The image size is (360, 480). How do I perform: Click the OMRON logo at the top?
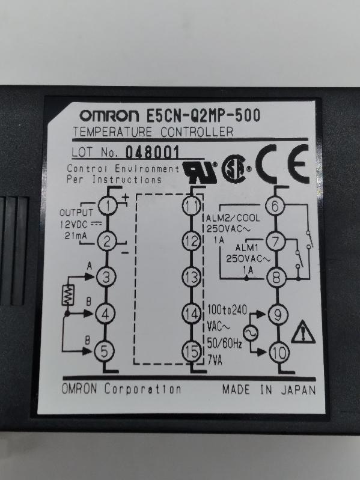coord(109,115)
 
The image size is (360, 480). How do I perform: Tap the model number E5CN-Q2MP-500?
coord(204,115)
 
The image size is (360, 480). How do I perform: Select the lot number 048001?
coord(153,152)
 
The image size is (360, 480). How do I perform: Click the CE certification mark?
coord(282,164)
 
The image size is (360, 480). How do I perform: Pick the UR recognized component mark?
coord(200,172)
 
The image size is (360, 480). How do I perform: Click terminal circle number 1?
coord(108,205)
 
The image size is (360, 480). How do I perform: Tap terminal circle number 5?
coord(104,351)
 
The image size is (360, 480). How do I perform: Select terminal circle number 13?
coord(192,277)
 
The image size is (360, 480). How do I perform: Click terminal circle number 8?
coord(276,278)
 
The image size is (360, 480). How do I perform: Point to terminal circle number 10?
coord(279,353)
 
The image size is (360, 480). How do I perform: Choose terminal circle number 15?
coord(192,351)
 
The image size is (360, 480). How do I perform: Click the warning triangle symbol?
coord(303,332)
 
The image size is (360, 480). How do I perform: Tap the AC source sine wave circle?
coord(251,333)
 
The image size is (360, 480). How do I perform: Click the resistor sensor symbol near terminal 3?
coord(68,295)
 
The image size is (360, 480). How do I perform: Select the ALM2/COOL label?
coord(233,218)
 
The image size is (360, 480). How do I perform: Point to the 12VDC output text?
coord(74,225)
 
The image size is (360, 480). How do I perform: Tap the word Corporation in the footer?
coord(142,389)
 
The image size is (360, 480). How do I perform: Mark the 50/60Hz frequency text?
coord(225,344)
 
